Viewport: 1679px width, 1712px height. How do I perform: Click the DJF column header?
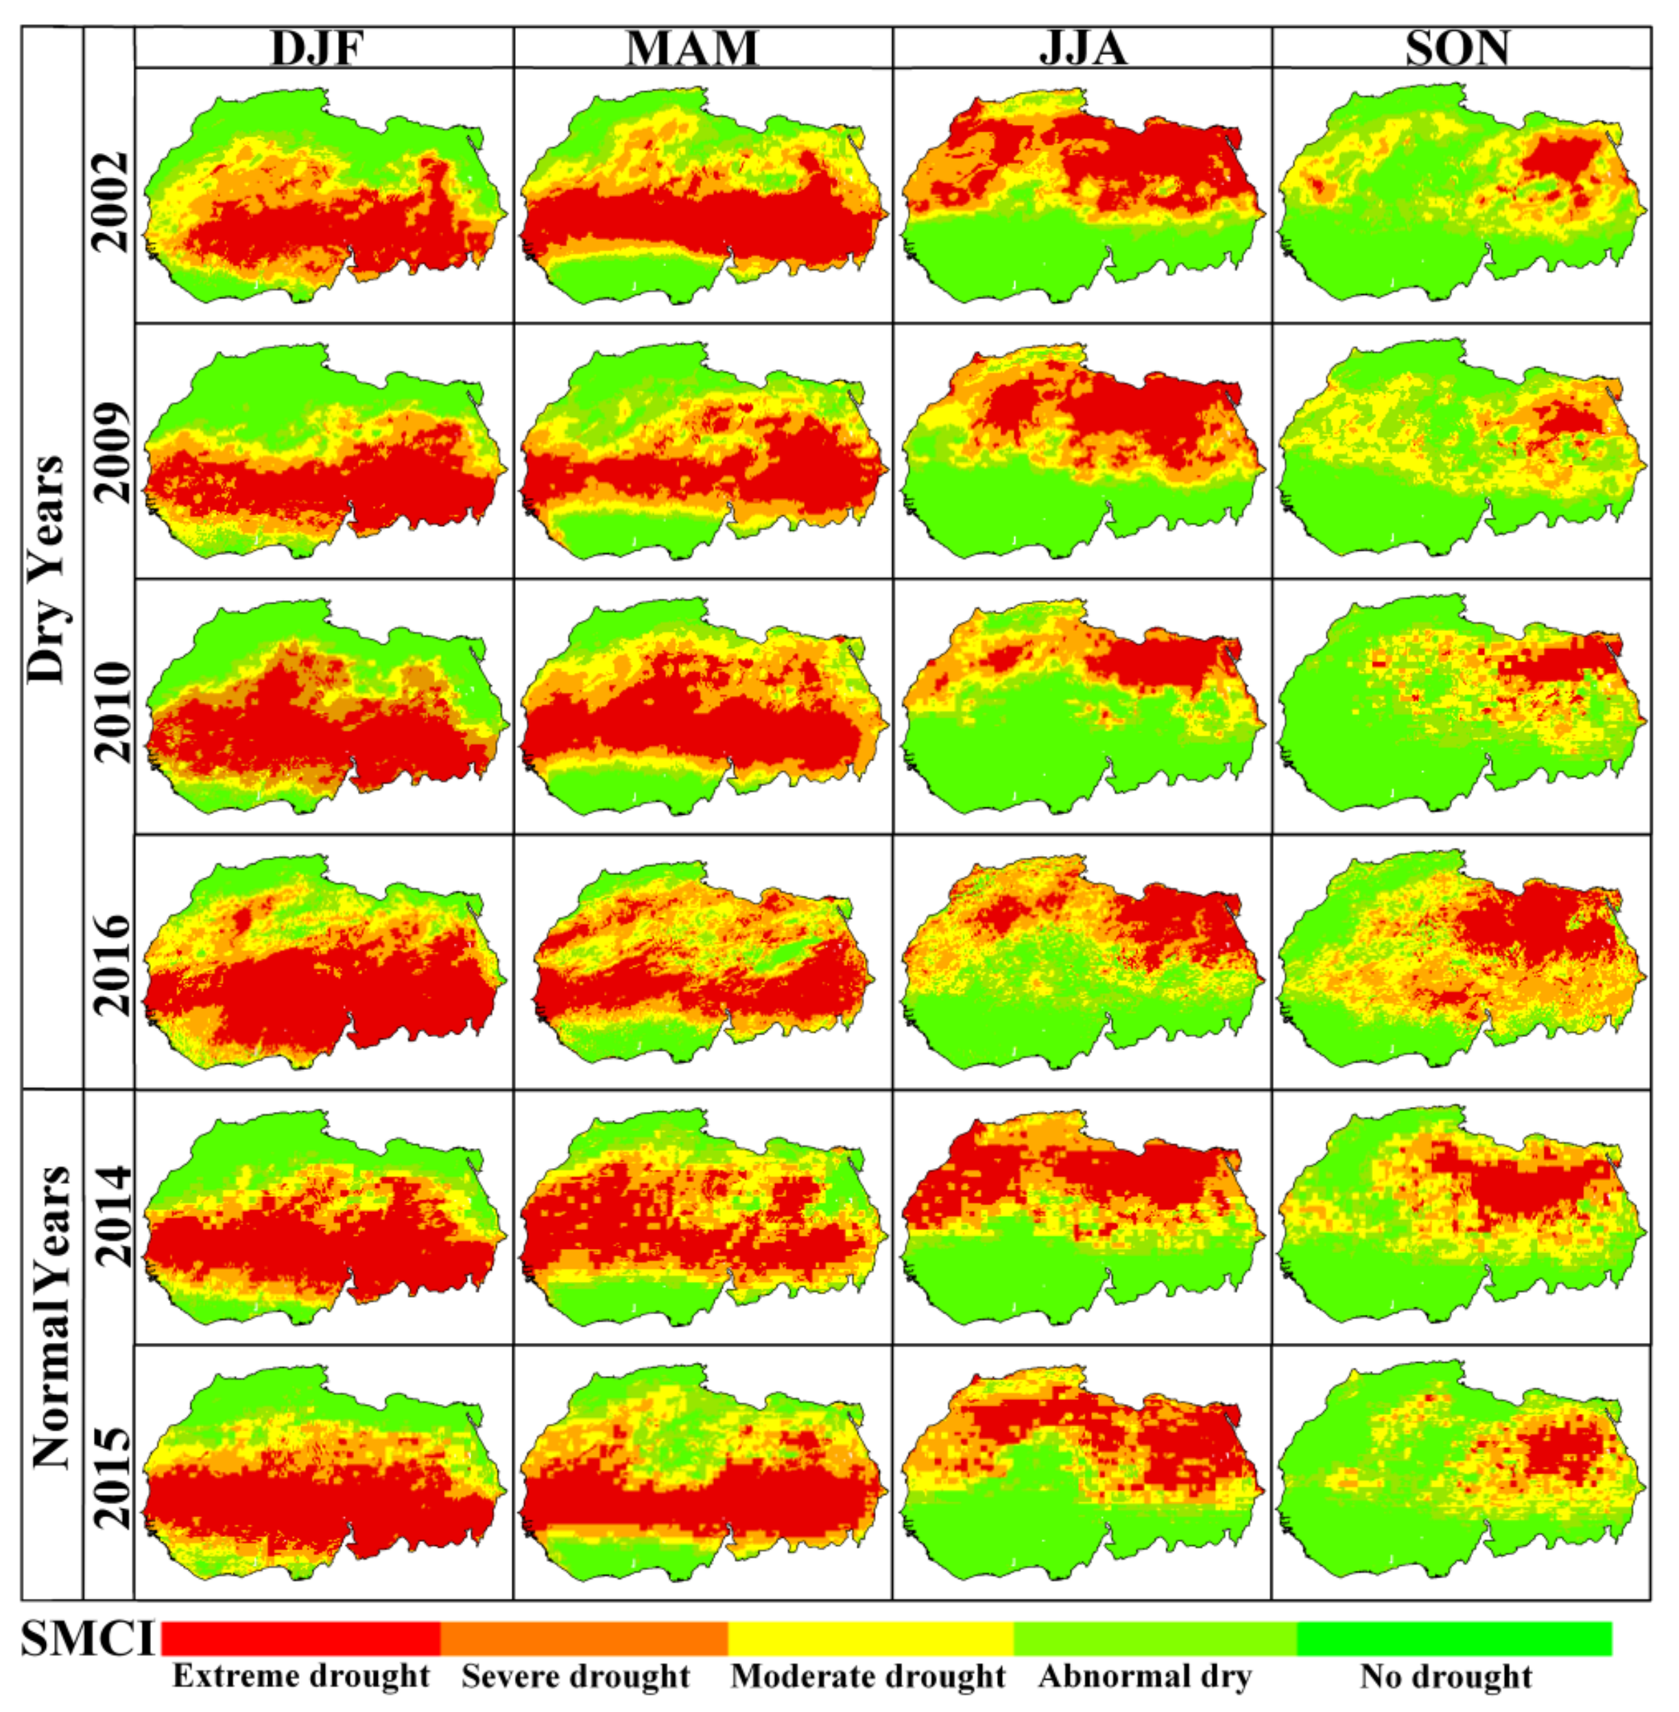318,49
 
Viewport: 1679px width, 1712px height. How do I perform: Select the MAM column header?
692,49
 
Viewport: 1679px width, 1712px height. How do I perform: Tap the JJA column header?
1083,49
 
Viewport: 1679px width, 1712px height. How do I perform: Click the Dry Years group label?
47,569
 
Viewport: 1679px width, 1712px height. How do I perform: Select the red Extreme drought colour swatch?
300,1638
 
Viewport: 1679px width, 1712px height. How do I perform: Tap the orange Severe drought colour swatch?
584,1638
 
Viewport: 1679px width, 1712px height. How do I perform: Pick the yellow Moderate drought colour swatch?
870,1638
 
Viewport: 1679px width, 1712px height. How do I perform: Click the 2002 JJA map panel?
1082,195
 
